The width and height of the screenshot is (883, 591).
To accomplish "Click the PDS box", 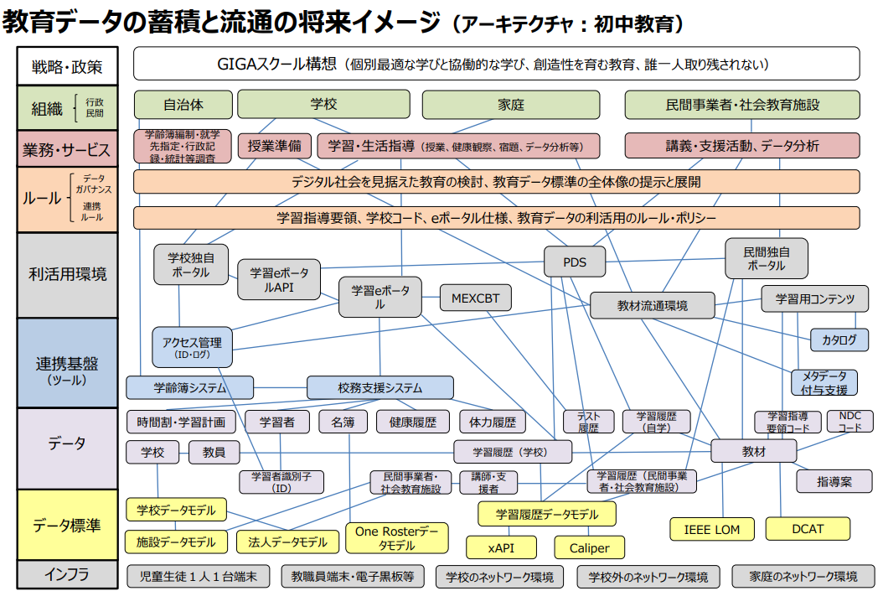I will point(575,262).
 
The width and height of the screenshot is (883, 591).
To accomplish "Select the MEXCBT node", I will point(475,298).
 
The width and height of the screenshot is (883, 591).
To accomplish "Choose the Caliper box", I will point(590,547).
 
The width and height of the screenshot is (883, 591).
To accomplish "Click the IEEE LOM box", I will point(712,529).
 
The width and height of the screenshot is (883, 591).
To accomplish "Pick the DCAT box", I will point(808,529).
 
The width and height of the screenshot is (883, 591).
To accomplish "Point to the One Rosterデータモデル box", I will point(396,538).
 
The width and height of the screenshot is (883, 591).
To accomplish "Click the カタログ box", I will point(839,340).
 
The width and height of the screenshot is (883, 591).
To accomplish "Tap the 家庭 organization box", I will point(510,105).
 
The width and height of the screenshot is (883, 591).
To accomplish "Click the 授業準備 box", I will point(274,145).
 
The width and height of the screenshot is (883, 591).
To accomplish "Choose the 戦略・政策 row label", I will point(67,66).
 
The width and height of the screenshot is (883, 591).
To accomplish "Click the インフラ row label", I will point(67,575).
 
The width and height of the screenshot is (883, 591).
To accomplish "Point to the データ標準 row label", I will point(67,526).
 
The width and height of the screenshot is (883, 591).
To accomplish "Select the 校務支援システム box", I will point(380,387).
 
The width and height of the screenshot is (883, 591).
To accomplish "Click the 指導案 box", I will point(834,481).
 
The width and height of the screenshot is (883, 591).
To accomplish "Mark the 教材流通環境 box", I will point(652,306).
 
